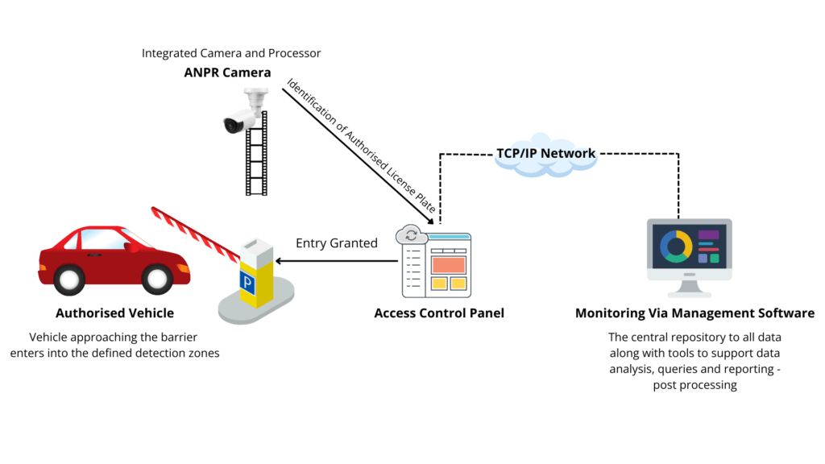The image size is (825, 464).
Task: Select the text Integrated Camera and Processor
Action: pyautogui.click(x=231, y=53)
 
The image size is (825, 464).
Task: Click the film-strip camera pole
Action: pyautogui.click(x=257, y=161)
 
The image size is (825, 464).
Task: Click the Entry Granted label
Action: pyautogui.click(x=336, y=243)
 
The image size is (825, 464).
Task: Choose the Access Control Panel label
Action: pyautogui.click(x=439, y=313)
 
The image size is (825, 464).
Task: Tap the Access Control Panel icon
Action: pyautogui.click(x=436, y=262)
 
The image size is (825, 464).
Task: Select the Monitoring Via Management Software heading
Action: pyautogui.click(x=694, y=313)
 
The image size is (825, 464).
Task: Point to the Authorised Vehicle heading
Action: pyautogui.click(x=114, y=313)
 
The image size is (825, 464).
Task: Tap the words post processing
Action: pyautogui.click(x=694, y=385)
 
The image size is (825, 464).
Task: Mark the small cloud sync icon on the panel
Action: pyautogui.click(x=411, y=235)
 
